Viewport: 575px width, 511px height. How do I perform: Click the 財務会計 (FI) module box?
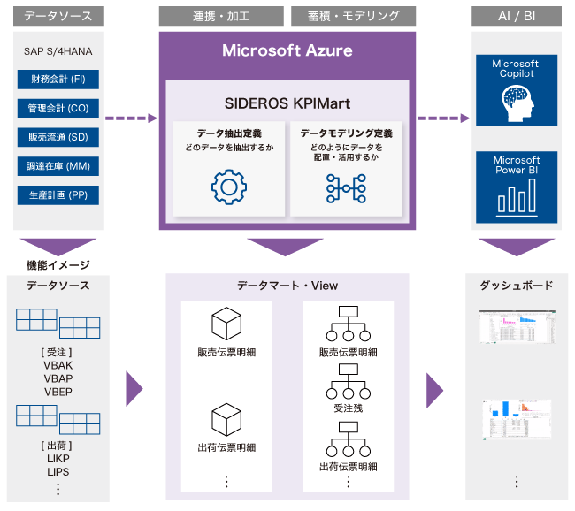pyautogui.click(x=57, y=80)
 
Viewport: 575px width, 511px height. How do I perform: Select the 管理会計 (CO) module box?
pyautogui.click(x=57, y=108)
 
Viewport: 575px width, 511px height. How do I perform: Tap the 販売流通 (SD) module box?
pyautogui.click(x=57, y=137)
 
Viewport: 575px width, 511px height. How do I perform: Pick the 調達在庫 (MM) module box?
pyautogui.click(x=57, y=166)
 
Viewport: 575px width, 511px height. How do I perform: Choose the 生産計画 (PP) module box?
pyautogui.click(x=57, y=194)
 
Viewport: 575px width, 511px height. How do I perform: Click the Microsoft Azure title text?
pyautogui.click(x=287, y=50)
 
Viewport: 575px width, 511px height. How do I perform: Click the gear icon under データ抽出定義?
pyautogui.click(x=228, y=187)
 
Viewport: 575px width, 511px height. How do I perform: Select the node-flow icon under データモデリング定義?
pyautogui.click(x=346, y=187)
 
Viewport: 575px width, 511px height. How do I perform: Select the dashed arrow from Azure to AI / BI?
pyautogui.click(x=443, y=118)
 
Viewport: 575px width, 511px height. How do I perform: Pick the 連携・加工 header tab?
pyautogui.click(x=222, y=16)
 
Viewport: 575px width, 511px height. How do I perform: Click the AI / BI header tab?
pyautogui.click(x=516, y=16)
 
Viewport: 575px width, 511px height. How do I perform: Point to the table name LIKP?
pyautogui.click(x=57, y=458)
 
